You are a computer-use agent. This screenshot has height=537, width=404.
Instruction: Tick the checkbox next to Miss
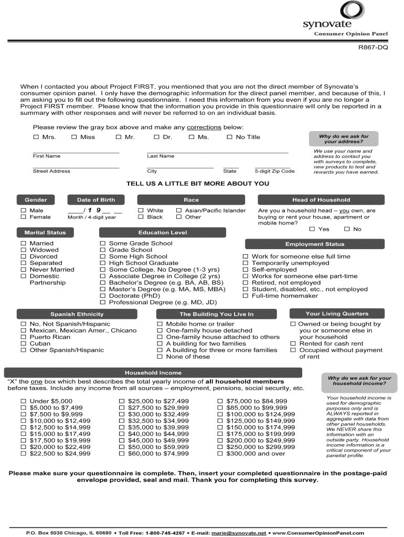click(x=75, y=137)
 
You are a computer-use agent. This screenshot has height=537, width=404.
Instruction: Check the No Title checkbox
click(x=229, y=137)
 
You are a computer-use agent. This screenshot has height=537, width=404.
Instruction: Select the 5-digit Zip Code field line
click(x=273, y=166)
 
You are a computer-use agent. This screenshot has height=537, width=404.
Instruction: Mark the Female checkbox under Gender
click(x=23, y=217)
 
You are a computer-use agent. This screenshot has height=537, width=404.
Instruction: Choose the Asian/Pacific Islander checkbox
click(x=179, y=211)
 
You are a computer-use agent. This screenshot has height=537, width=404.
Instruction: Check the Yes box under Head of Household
click(x=312, y=229)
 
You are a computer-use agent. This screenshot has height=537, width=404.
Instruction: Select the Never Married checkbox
click(x=23, y=270)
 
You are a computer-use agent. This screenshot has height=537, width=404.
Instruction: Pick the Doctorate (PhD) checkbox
click(x=103, y=296)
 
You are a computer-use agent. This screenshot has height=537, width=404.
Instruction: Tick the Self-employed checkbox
click(x=245, y=270)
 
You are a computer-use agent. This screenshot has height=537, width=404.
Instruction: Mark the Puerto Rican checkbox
click(x=23, y=337)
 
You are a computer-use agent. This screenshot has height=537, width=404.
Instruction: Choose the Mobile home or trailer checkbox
click(x=161, y=324)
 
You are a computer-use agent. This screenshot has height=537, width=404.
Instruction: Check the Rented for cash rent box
click(x=293, y=344)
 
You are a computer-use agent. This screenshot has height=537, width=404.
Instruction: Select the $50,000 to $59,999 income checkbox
click(x=122, y=447)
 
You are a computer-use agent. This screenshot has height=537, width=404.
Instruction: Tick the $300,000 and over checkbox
click(x=220, y=454)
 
